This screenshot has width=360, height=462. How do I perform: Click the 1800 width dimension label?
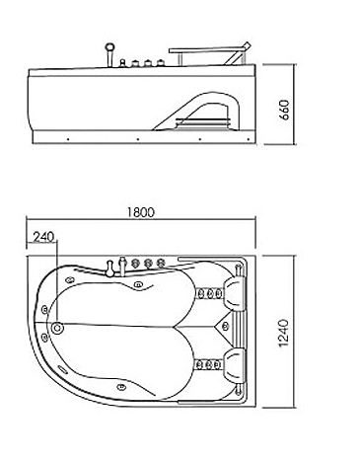pos(140,212)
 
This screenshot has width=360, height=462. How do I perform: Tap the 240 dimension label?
pos(43,237)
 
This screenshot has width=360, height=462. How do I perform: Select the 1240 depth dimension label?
pos(283,333)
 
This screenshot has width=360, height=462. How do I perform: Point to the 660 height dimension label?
pos(285,110)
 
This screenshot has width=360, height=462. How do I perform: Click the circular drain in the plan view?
pos(57,328)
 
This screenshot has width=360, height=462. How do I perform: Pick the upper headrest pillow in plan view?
pos(234,293)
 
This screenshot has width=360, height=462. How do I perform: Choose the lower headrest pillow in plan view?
pos(234,365)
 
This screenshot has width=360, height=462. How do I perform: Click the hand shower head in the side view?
pos(109,47)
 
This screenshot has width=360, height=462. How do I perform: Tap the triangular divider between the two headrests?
pos(224,327)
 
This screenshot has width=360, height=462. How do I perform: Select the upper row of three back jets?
pos(210,293)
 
